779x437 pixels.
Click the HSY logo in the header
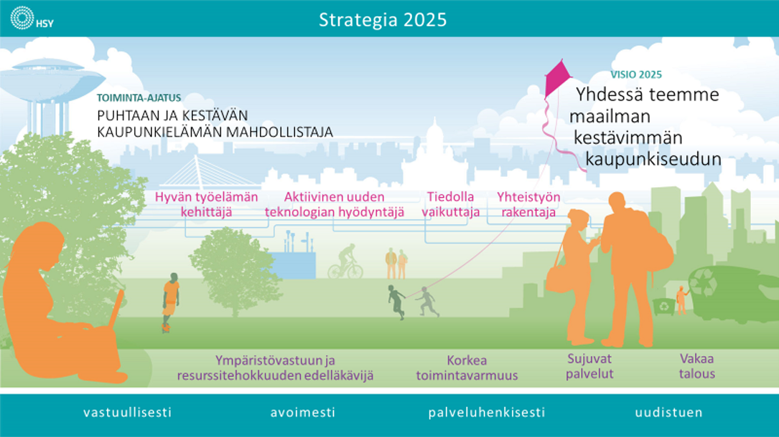pyautogui.click(x=32, y=18)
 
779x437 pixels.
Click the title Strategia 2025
pyautogui.click(x=383, y=20)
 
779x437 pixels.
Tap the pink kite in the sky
pyautogui.click(x=557, y=78)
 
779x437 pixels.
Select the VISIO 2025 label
pyautogui.click(x=636, y=75)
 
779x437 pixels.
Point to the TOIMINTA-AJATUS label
pyautogui.click(x=139, y=98)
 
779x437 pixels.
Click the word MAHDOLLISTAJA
pyautogui.click(x=279, y=132)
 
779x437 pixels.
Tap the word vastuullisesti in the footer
pyautogui.click(x=127, y=412)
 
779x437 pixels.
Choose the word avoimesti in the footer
pyautogui.click(x=302, y=412)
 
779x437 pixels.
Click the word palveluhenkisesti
pyautogui.click(x=486, y=413)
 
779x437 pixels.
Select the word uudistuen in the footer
pyautogui.click(x=669, y=412)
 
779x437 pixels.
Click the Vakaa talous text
pyautogui.click(x=697, y=366)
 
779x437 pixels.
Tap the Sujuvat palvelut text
pyautogui.click(x=590, y=366)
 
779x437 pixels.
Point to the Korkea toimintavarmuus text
pyautogui.click(x=467, y=368)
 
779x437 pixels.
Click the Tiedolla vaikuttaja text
pyautogui.click(x=451, y=204)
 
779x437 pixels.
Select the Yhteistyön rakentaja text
pyautogui.click(x=528, y=204)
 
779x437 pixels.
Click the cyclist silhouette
pyautogui.click(x=346, y=261)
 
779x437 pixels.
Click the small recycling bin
pyautogui.click(x=664, y=306)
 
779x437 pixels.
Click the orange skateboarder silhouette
pyautogui.click(x=170, y=302)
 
